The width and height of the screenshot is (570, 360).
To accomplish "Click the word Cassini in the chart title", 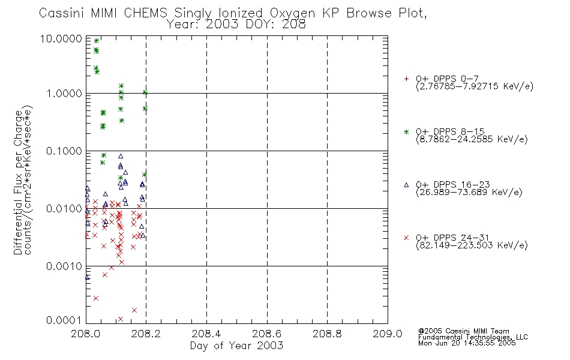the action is pyautogui.click(x=62, y=13).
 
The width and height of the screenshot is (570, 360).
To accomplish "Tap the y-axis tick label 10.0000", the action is pyautogui.click(x=61, y=38).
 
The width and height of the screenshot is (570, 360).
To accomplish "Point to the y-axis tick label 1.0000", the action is pyautogui.click(x=64, y=94).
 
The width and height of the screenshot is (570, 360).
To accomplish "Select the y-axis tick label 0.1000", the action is pyautogui.click(x=64, y=151).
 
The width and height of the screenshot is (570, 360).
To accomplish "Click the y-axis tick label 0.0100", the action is pyautogui.click(x=64, y=208).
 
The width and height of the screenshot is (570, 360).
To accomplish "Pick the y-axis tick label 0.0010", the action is pyautogui.click(x=64, y=266).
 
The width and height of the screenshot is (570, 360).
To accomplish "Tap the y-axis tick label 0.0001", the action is pyautogui.click(x=64, y=320).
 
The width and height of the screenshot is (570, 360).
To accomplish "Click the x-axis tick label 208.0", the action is pyautogui.click(x=86, y=334).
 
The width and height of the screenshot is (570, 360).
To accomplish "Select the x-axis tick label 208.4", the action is pyautogui.click(x=206, y=334).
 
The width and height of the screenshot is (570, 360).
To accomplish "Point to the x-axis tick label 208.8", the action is pyautogui.click(x=327, y=334).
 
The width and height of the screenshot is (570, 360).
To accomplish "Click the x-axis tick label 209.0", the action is pyautogui.click(x=388, y=334).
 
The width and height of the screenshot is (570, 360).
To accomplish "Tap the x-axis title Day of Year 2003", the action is pyautogui.click(x=236, y=346).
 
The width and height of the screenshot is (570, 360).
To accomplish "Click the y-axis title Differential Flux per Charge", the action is pyautogui.click(x=18, y=182).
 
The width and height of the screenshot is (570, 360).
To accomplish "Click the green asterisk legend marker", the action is pyautogui.click(x=406, y=132).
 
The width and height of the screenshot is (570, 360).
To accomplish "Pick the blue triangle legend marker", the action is pyautogui.click(x=406, y=185).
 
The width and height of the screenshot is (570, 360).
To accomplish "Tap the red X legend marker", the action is pyautogui.click(x=406, y=238).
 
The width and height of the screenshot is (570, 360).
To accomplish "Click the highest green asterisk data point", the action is pyautogui.click(x=97, y=41).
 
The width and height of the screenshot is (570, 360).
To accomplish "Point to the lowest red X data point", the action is pyautogui.click(x=121, y=319).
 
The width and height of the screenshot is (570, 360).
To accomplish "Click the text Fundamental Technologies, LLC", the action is pyautogui.click(x=473, y=337).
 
